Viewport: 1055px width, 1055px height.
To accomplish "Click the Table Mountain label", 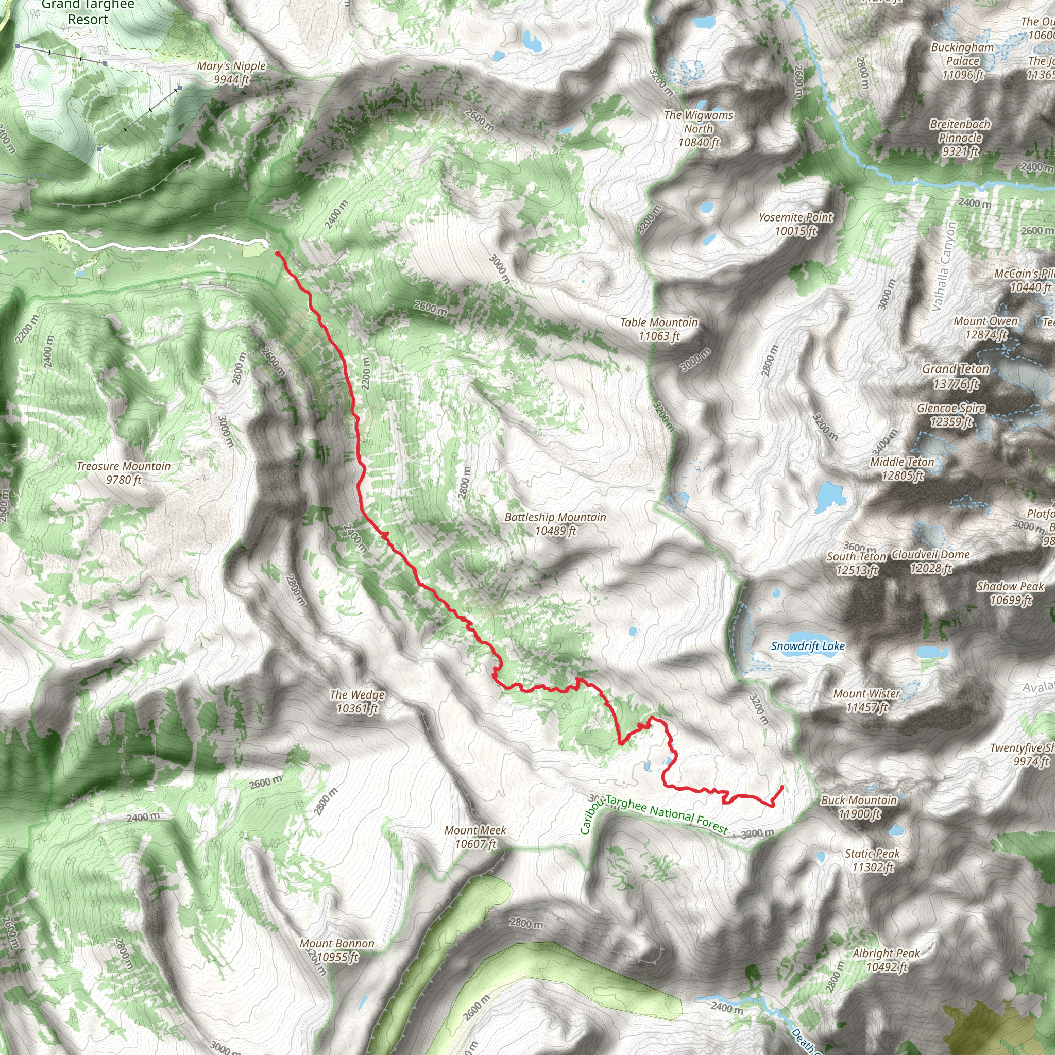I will pos(659,329).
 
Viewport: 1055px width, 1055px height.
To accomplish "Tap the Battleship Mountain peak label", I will pos(555,524).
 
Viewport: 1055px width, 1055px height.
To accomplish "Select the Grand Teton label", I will pos(956,376).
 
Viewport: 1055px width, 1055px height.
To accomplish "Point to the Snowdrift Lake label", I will pos(808,646).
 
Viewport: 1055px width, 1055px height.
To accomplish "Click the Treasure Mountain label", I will pos(124,473).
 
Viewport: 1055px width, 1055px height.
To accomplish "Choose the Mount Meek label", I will pos(475,837).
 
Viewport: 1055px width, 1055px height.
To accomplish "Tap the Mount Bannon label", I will pos(337,950).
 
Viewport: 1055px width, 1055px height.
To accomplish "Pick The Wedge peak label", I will pos(357,702).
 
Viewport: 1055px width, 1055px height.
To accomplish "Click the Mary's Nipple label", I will pos(231,73).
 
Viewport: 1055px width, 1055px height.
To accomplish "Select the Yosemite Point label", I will pos(795,224).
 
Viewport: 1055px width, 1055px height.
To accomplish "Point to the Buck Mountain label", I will pos(859,807).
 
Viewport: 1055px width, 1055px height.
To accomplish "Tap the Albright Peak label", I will pos(886,960).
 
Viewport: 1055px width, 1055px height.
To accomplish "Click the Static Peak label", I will pos(873,860).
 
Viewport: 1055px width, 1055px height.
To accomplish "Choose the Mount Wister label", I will pos(866,701).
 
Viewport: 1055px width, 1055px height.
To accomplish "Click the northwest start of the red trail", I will pos(278,253).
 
